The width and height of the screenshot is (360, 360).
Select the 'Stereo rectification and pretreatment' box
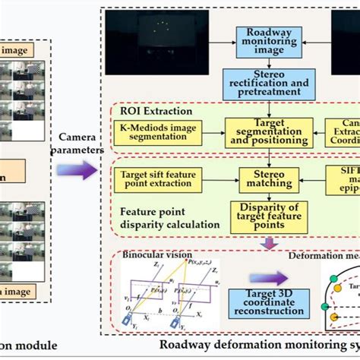point(270,84)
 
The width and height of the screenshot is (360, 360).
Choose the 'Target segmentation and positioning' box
point(269,131)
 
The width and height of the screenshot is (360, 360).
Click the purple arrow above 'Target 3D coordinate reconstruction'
point(269,277)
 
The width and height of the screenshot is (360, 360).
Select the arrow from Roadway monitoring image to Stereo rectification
point(270,64)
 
